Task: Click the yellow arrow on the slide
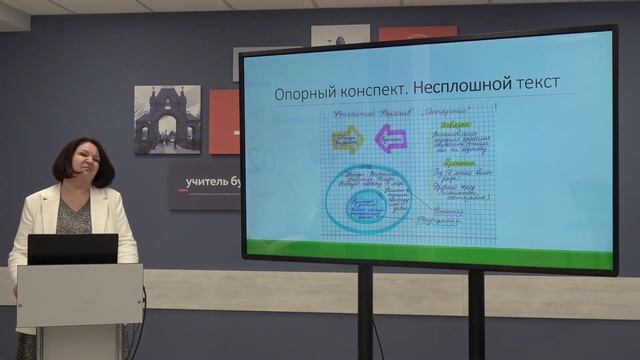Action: (x=347, y=138)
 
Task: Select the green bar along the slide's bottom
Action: (x=430, y=249)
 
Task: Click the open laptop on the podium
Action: (x=72, y=249)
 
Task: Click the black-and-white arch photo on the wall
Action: (x=167, y=119)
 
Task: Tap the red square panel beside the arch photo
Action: (x=224, y=121)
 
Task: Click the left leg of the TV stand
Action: (x=365, y=315)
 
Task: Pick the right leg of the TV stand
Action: (x=476, y=315)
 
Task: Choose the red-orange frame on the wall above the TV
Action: (x=417, y=33)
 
